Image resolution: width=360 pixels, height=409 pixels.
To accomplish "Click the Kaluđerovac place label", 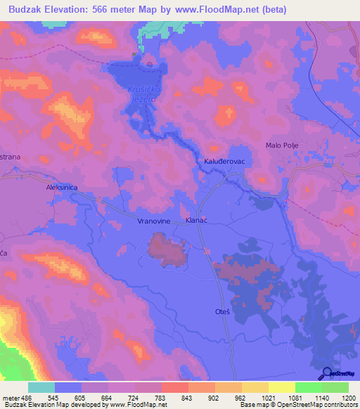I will (x=224, y=161).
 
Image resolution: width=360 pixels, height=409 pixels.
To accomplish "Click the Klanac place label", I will (x=196, y=220).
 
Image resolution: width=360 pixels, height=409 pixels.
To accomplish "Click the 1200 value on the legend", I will (x=340, y=398).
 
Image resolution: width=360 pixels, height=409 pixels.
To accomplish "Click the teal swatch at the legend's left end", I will (x=41, y=387).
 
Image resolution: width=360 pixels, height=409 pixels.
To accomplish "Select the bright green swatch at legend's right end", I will (x=335, y=387).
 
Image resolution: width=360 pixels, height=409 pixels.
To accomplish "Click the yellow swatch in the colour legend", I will (x=281, y=387).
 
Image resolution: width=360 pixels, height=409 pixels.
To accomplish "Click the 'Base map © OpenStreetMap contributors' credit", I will (x=298, y=405).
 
